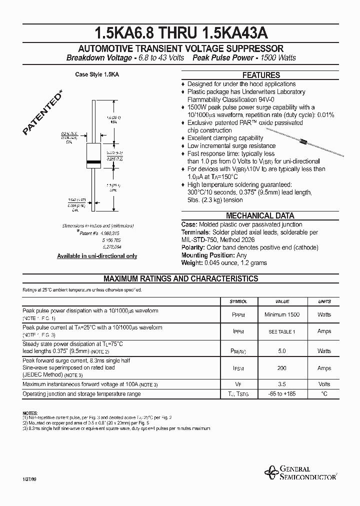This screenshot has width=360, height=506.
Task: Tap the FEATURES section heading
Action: (260, 75)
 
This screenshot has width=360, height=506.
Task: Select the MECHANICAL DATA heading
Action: (260, 216)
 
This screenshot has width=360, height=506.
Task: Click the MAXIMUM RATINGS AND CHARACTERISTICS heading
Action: (180, 279)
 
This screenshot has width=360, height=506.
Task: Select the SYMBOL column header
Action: (238, 301)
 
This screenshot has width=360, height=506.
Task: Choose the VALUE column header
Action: (282, 301)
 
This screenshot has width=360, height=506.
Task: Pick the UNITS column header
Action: (324, 301)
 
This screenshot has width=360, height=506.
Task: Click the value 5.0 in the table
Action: (282, 351)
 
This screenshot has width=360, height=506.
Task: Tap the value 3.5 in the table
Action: (282, 384)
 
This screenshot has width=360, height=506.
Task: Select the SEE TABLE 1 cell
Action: (282, 332)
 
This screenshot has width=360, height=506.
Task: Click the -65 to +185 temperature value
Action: (282, 394)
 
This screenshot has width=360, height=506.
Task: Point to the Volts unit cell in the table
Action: (324, 384)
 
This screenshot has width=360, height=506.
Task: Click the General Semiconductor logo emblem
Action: (273, 471)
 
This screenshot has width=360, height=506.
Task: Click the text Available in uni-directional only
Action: (97, 256)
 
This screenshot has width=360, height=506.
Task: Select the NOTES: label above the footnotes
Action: (30, 412)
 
